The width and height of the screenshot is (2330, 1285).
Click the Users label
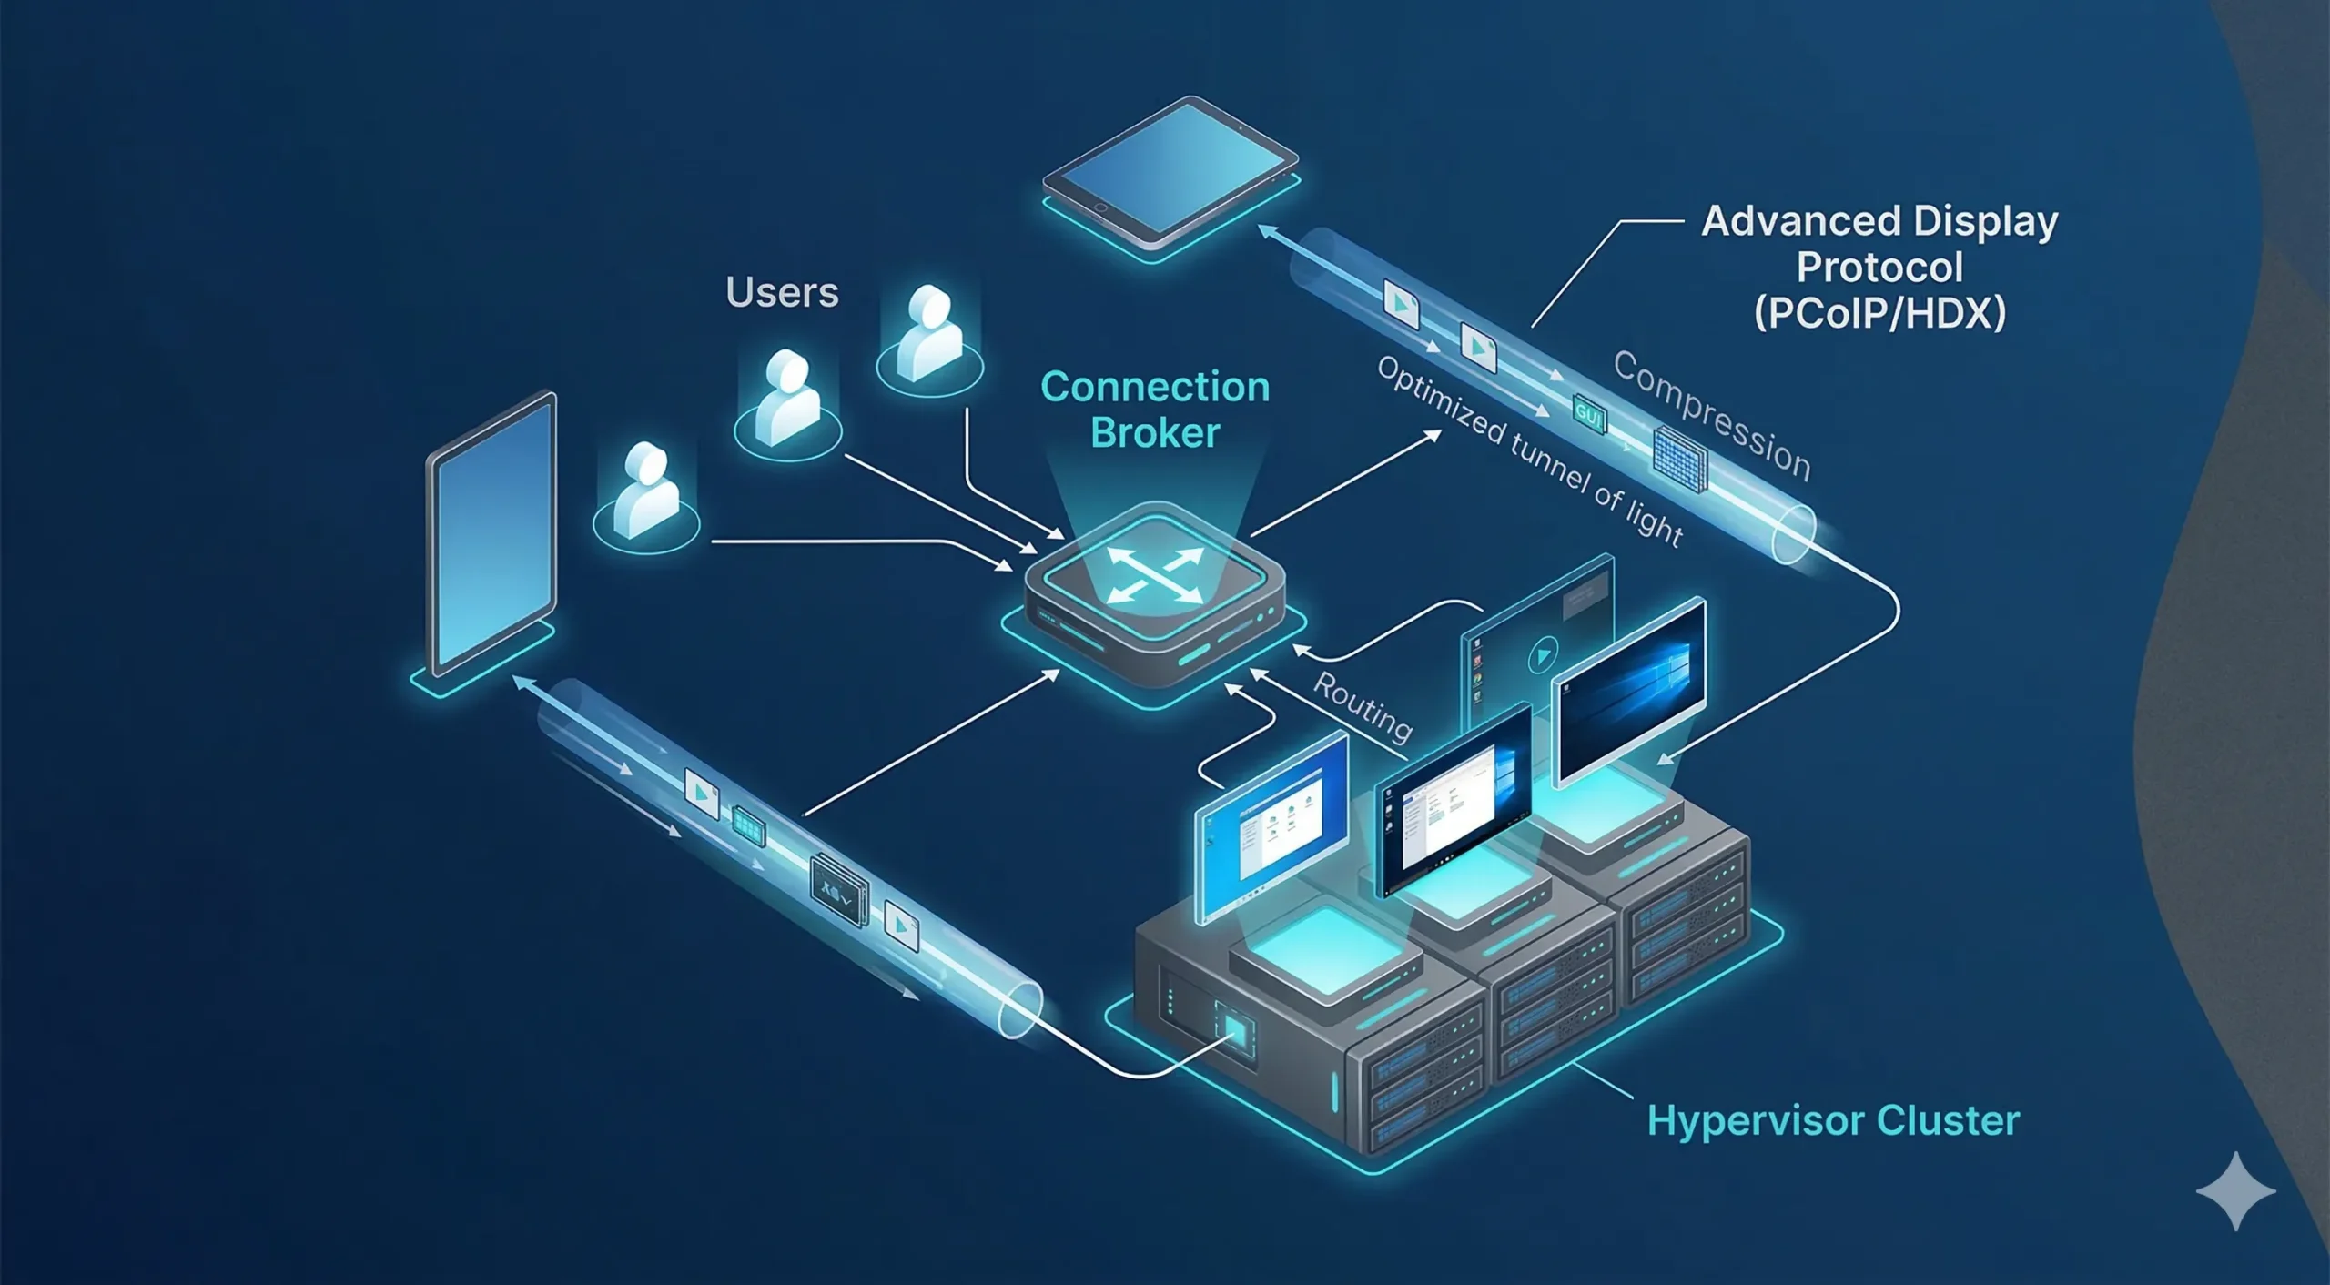[x=782, y=293]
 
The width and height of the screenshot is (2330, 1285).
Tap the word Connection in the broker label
[x=1154, y=388]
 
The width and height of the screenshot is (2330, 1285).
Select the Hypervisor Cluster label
[x=1832, y=1121]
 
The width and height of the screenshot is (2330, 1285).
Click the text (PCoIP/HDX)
[x=1879, y=314]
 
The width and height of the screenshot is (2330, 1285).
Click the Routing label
[x=1363, y=707]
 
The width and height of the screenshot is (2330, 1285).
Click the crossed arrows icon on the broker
[x=1154, y=576]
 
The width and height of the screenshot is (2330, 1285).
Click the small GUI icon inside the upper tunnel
[x=1589, y=415]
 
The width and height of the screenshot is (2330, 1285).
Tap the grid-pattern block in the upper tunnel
[x=1678, y=459]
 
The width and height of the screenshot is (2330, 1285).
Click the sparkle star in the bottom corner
[x=2235, y=1191]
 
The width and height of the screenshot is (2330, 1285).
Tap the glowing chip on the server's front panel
[x=1235, y=1031]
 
